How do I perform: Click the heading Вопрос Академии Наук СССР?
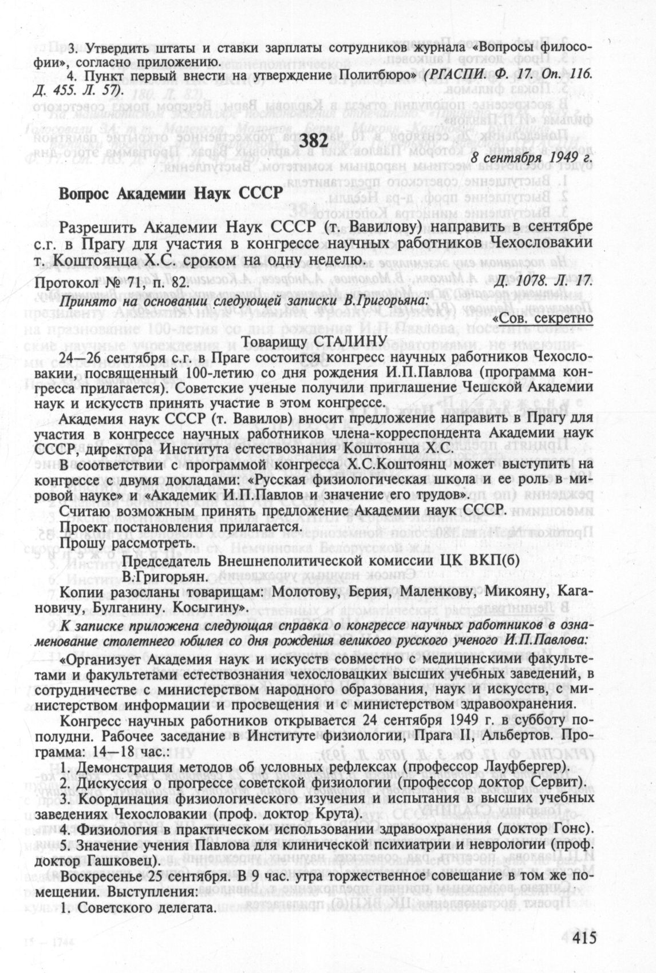pyautogui.click(x=171, y=193)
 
